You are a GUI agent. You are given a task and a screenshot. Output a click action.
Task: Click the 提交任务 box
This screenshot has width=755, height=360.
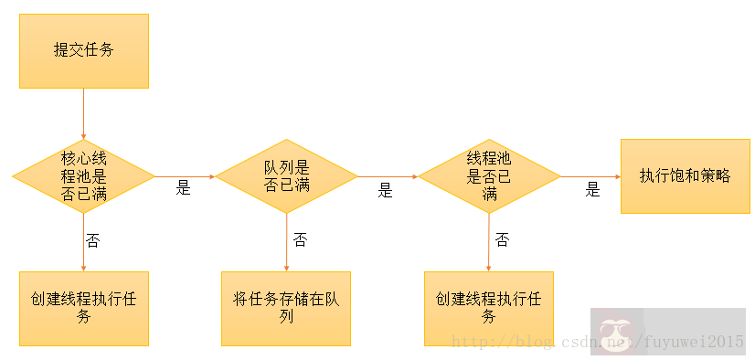[x=84, y=51]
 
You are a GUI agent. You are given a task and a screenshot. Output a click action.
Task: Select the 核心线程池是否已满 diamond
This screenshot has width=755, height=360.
[x=84, y=175]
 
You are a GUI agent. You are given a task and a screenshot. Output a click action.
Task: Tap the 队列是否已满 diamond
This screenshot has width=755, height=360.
[x=286, y=175]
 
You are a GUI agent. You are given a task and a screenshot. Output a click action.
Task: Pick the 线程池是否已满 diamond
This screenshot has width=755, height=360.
[x=488, y=175]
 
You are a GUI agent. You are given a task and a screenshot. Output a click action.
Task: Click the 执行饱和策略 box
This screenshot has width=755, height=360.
[x=685, y=176]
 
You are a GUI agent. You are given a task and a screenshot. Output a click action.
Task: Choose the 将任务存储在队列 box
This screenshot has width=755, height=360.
[x=286, y=308]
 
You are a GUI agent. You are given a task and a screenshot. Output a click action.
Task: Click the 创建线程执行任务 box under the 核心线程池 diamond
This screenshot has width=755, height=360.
[x=84, y=308]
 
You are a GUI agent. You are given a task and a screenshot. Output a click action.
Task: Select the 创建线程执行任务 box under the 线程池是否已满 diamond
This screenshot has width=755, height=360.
[x=488, y=308]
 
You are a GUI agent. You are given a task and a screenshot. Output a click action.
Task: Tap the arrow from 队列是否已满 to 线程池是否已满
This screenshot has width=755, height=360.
[x=387, y=175]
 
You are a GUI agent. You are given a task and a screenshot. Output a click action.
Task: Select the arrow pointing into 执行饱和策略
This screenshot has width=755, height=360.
[x=590, y=175]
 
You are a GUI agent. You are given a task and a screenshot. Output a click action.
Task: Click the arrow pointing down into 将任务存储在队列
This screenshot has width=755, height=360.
[x=286, y=241]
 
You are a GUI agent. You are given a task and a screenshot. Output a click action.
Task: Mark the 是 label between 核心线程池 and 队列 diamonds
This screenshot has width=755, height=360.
[x=183, y=189]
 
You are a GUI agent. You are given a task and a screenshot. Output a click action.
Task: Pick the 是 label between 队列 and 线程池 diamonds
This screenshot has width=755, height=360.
[x=385, y=191]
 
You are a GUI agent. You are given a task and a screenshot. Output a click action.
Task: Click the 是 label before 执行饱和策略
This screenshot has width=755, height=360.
[x=592, y=190]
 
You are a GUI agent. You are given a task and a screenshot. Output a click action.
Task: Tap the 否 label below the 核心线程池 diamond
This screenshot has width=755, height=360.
[x=92, y=240]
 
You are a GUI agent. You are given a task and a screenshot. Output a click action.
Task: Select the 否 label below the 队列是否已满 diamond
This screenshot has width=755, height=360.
[x=300, y=240]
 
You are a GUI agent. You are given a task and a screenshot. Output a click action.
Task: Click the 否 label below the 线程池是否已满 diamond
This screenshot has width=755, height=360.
[x=502, y=240]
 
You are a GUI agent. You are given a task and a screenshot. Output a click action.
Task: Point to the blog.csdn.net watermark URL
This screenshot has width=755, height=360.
[x=599, y=342]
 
